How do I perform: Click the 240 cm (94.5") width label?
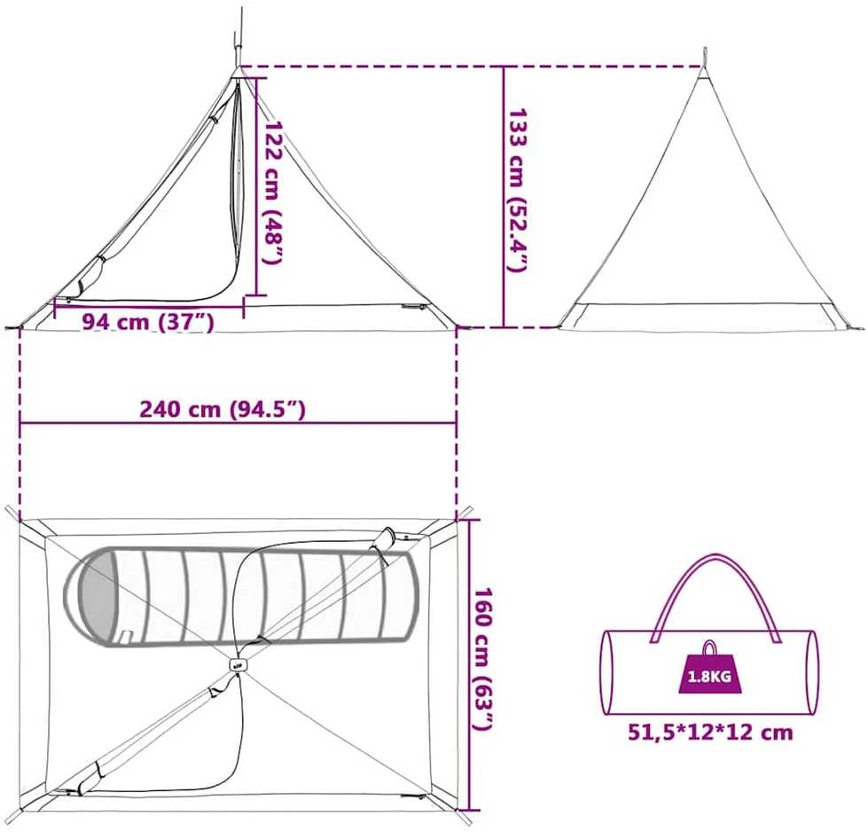223,409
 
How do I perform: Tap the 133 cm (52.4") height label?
518,190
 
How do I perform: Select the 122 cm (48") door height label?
272,192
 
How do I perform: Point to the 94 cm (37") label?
148,321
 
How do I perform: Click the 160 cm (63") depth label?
482,659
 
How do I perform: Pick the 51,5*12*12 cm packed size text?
710,733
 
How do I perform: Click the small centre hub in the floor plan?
238,664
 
